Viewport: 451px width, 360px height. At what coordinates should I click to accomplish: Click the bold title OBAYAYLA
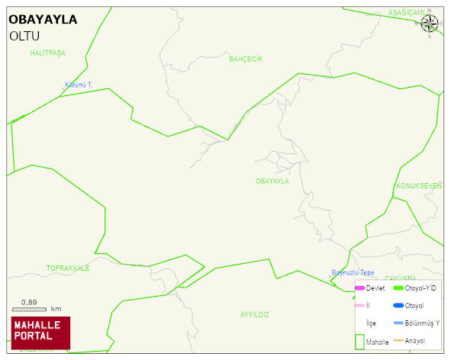click(x=43, y=20)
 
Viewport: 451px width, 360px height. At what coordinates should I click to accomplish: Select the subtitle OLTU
click(x=25, y=36)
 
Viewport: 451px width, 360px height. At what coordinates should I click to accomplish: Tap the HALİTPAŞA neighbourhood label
click(x=48, y=53)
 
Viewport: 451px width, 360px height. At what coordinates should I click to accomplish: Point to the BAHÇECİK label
click(x=246, y=59)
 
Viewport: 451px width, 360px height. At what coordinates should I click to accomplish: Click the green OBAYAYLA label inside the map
click(x=272, y=182)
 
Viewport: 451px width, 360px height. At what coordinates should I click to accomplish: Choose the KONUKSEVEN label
click(x=418, y=186)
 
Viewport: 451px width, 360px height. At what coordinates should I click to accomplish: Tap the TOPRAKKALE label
click(x=68, y=268)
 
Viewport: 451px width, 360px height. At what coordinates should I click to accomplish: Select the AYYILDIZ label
click(x=255, y=314)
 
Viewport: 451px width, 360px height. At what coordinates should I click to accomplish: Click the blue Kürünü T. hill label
click(x=78, y=85)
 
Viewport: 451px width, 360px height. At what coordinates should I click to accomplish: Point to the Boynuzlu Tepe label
click(x=353, y=273)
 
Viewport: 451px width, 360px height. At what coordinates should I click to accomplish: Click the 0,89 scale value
click(x=30, y=302)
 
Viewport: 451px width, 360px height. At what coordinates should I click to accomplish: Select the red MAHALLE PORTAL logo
click(x=41, y=332)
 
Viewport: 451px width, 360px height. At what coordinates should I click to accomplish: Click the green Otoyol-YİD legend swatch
click(x=398, y=288)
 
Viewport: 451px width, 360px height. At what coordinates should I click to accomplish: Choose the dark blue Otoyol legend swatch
click(x=398, y=306)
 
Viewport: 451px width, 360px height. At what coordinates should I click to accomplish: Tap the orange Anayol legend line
click(x=398, y=340)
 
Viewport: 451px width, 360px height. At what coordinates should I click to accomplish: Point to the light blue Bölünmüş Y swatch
click(x=398, y=323)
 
